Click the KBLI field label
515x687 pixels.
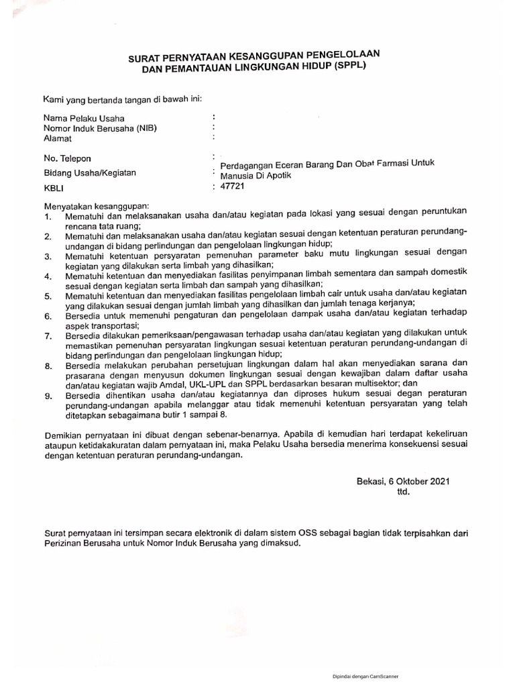pyautogui.click(x=54, y=189)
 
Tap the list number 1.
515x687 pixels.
pyautogui.click(x=47, y=218)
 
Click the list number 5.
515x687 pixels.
pyautogui.click(x=47, y=296)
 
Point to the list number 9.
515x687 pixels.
pyautogui.click(x=47, y=397)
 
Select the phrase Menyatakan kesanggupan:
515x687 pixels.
pyautogui.click(x=97, y=204)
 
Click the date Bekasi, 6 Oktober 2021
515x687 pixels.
pyautogui.click(x=402, y=482)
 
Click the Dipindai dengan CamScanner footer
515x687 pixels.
pyautogui.click(x=365, y=677)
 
